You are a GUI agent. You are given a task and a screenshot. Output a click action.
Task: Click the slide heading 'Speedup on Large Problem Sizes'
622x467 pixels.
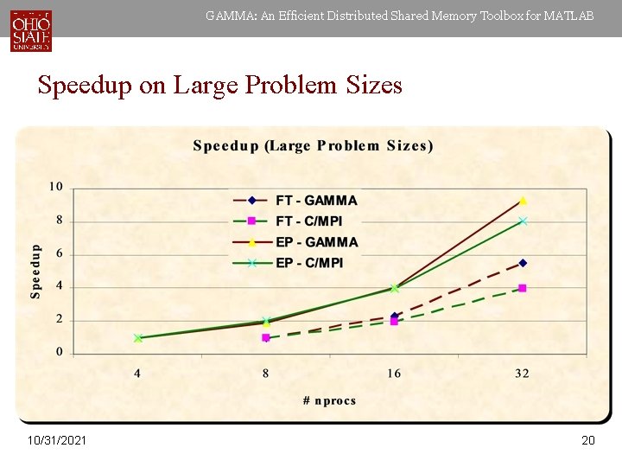219,85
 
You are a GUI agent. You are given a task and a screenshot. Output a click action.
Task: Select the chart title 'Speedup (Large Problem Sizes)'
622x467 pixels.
313,145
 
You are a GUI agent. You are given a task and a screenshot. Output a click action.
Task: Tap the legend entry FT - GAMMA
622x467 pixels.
315,200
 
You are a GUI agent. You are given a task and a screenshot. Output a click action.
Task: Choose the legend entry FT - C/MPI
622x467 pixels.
308,221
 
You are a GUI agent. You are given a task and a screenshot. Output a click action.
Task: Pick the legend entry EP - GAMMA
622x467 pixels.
316,242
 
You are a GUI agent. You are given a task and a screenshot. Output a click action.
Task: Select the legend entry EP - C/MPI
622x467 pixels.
308,263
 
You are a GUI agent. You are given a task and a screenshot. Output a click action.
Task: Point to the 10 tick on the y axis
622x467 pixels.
55,187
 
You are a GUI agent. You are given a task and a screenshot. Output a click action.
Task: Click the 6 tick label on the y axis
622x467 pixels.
59,253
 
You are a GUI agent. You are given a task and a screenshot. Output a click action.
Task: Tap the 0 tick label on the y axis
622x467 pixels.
59,352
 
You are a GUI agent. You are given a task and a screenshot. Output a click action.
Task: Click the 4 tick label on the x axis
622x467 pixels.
138,374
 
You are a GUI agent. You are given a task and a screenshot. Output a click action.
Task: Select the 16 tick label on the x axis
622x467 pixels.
394,374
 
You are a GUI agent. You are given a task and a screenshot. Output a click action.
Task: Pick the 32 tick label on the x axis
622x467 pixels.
522,374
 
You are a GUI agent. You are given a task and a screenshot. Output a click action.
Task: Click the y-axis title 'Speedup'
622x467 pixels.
36,271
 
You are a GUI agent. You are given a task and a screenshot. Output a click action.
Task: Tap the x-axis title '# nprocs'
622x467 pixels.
329,400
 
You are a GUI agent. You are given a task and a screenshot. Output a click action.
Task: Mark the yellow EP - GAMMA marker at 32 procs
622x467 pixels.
523,201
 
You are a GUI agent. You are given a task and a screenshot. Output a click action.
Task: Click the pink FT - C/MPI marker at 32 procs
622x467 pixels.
523,288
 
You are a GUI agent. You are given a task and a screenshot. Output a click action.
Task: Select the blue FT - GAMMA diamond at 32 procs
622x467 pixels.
523,263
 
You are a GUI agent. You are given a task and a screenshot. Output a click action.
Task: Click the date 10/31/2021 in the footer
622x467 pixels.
56,441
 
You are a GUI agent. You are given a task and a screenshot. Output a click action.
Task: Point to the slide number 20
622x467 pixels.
588,441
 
